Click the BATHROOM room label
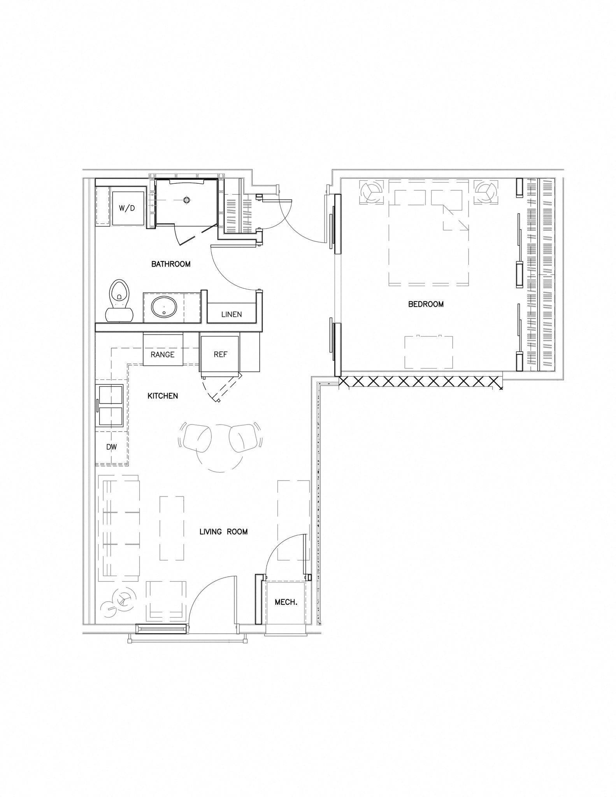click(x=171, y=264)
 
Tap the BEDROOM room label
click(x=426, y=304)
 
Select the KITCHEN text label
click(x=163, y=396)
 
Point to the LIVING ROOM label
click(x=223, y=532)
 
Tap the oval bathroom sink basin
click(x=164, y=307)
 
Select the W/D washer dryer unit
click(x=127, y=208)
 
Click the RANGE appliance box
click(x=163, y=349)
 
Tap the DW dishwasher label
click(x=112, y=447)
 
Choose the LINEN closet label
click(x=232, y=314)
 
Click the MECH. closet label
click(x=286, y=602)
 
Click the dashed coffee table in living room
click(x=172, y=528)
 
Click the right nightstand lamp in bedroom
click(x=486, y=192)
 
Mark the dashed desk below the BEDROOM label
click(x=429, y=352)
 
